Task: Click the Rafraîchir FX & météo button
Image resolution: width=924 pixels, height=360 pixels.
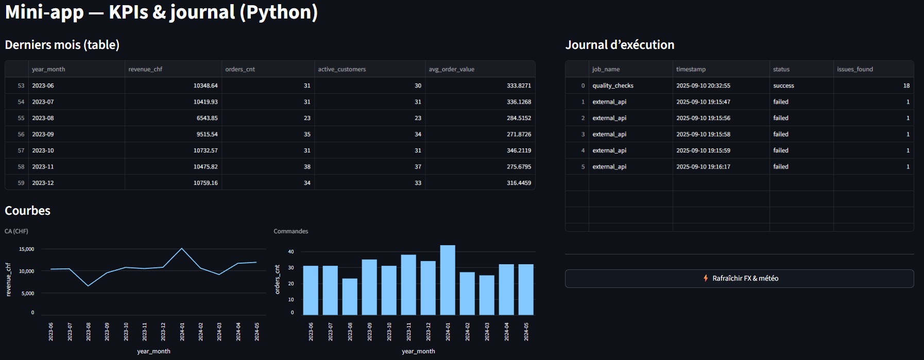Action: click(x=740, y=278)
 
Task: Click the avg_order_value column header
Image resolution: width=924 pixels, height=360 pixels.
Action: click(x=451, y=69)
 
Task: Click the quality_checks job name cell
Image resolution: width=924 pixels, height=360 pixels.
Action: click(x=613, y=85)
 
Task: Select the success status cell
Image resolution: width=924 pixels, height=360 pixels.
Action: click(x=783, y=85)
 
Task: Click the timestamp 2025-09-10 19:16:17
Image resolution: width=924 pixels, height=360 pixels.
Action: click(x=703, y=166)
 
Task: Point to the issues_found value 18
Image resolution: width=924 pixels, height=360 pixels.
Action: click(x=906, y=85)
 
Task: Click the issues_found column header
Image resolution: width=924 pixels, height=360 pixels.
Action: click(x=854, y=69)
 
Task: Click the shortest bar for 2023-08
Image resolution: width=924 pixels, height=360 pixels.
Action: click(x=350, y=297)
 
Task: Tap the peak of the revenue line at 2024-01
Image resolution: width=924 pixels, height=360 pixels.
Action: click(x=182, y=248)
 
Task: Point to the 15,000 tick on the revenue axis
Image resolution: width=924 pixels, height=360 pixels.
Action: click(x=26, y=249)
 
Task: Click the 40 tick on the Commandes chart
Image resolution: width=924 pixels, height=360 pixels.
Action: click(x=291, y=252)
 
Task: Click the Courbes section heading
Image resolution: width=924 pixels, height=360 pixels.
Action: click(x=27, y=211)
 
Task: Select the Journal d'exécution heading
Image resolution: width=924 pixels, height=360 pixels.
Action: click(x=620, y=45)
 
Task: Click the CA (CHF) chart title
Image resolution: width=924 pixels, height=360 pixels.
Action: click(x=16, y=231)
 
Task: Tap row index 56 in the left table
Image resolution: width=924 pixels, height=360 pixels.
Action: click(x=21, y=134)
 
